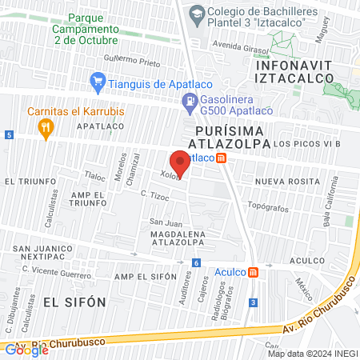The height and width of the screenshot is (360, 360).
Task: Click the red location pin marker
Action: [x=180, y=162]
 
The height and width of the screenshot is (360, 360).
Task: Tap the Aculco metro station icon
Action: [x=253, y=272]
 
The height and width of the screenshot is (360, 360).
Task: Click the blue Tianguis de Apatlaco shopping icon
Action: [x=98, y=81]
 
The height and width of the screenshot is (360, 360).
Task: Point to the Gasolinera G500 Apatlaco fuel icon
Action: [x=189, y=102]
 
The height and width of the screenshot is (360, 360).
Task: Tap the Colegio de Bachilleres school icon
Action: [x=195, y=14]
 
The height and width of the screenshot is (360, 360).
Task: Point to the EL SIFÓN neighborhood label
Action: [x=74, y=302]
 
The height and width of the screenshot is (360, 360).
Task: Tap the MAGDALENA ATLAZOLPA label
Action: [x=176, y=239]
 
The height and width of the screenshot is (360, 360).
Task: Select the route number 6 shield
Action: [x=196, y=262]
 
